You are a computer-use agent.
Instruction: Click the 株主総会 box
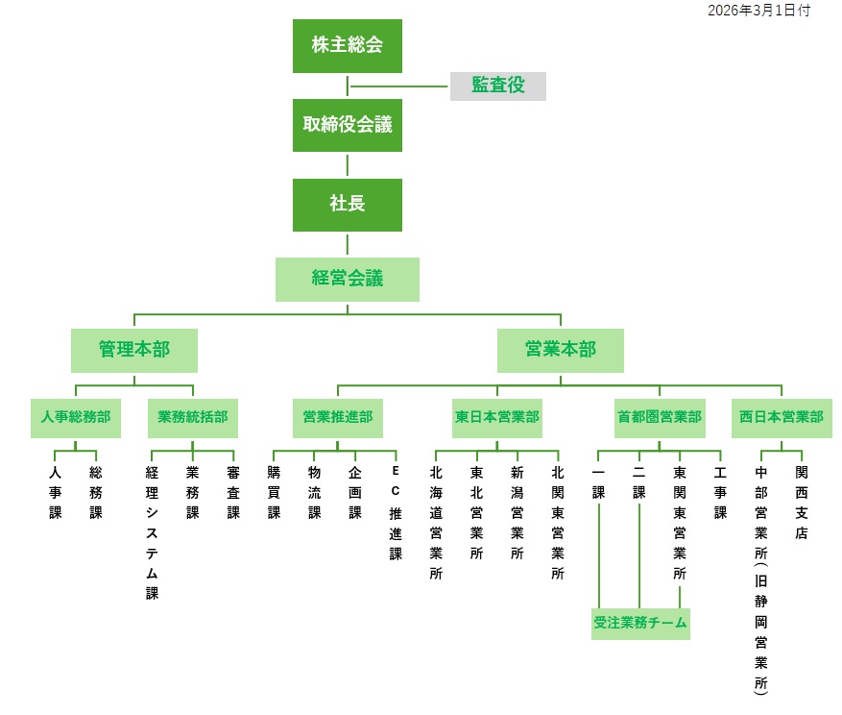347,45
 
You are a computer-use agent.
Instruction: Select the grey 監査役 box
497,86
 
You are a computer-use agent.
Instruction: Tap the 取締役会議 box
347,125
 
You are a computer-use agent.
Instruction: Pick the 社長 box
347,204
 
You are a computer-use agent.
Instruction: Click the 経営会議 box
347,279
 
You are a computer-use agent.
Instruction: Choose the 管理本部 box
133,350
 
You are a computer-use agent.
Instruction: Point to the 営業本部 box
560,350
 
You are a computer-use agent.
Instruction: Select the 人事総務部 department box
75,418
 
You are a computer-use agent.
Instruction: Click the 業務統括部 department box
193,418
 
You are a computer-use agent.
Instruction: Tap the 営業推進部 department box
337,418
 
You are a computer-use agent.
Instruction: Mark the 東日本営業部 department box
496,418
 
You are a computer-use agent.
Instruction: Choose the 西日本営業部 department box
781,418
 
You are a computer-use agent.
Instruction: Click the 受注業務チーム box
639,623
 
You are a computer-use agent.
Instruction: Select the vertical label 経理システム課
152,532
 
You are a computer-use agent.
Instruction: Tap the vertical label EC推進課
395,513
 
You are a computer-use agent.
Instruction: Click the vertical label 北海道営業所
436,523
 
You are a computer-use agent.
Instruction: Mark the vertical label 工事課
720,493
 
